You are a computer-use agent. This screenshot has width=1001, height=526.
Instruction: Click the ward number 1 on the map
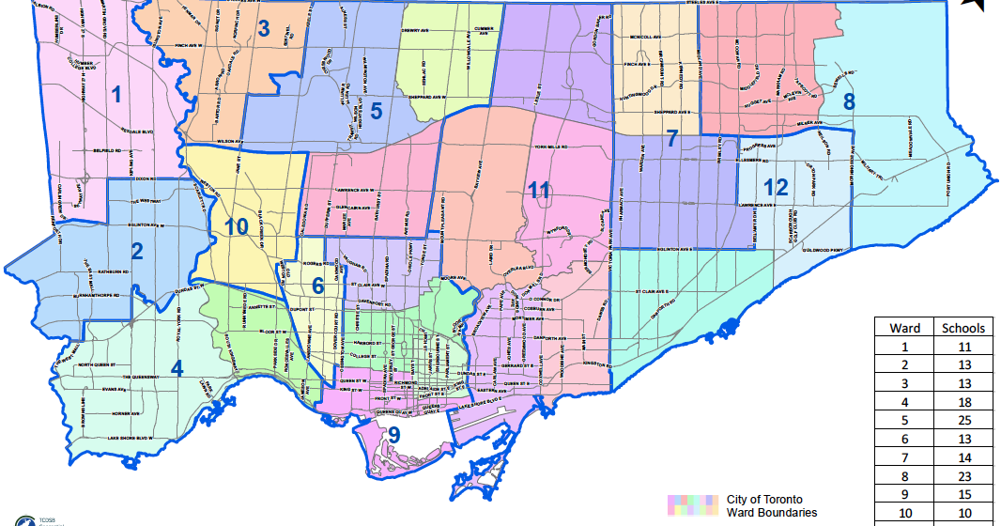coord(116,94)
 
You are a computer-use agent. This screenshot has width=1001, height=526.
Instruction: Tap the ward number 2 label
coord(136,251)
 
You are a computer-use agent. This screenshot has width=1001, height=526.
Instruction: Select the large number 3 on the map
coord(264,29)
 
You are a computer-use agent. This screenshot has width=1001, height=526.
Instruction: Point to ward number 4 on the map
coord(177,366)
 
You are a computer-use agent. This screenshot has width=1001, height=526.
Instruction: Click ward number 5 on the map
coord(376,111)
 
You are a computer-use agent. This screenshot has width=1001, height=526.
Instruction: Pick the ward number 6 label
coord(318,285)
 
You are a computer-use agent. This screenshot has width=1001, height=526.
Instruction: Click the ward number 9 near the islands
coord(394,435)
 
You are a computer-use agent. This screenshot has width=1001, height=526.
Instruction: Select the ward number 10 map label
coord(236,226)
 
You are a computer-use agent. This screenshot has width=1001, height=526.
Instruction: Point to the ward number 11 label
coord(538,189)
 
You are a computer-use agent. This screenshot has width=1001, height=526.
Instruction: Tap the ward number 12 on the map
coord(775,187)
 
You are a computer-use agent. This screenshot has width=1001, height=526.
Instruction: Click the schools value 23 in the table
coord(963,476)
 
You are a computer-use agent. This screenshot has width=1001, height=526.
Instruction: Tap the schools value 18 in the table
coord(963,401)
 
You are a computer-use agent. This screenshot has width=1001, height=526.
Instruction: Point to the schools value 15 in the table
coord(963,494)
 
